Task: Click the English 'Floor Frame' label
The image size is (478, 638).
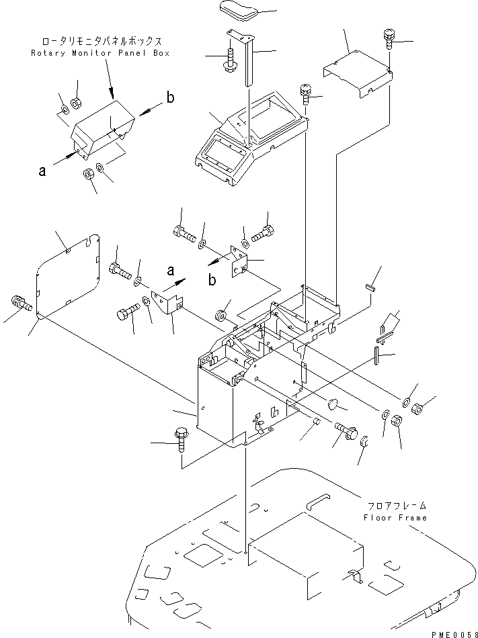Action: click(396, 518)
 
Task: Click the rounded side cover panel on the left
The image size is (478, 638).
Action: click(67, 275)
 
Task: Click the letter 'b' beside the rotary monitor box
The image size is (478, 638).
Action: click(170, 98)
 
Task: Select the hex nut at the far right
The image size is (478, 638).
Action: click(417, 406)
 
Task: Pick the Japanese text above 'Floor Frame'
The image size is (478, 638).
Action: click(396, 506)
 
